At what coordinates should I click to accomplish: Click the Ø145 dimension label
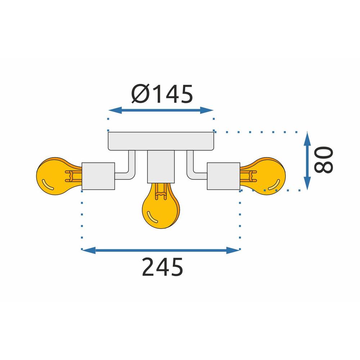[162, 94]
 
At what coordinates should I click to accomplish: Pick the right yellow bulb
[266, 176]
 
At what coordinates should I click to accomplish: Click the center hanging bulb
[161, 211]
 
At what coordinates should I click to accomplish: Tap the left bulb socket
[98, 176]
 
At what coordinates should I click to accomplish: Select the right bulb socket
[224, 176]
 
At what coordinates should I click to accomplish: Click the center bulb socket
[161, 166]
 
